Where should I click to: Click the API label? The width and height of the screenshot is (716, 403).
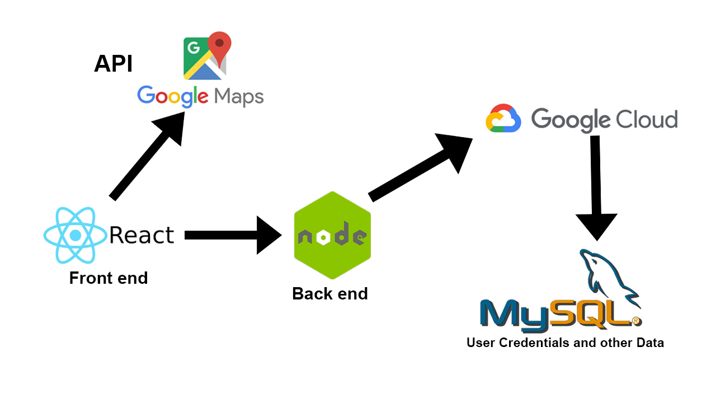(113, 64)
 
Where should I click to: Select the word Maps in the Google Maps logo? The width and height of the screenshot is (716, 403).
(239, 97)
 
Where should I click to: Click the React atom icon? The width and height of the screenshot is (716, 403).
(75, 235)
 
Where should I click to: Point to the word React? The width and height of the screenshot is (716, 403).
(142, 235)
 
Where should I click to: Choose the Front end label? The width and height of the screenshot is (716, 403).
(109, 278)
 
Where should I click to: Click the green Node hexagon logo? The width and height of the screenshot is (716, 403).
(332, 235)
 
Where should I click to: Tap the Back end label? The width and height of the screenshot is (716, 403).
(330, 293)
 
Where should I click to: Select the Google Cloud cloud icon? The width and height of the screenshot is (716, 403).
(503, 119)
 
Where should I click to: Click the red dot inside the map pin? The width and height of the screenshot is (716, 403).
(220, 43)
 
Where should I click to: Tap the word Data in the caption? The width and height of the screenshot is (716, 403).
(649, 343)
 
